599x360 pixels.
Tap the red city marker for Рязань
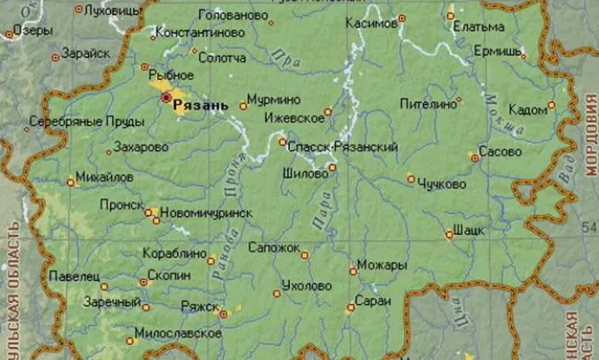coord(165,97)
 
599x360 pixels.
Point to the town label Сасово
coord(499,152)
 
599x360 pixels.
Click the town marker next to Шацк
coord(449,235)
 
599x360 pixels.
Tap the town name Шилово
coord(305,174)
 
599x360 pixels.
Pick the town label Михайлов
coord(104,178)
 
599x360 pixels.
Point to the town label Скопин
coord(169,276)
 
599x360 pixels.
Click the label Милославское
coord(177,333)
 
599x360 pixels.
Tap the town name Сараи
coord(371,302)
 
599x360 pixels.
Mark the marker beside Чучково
coord(411,179)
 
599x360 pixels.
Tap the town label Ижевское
coord(294,117)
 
